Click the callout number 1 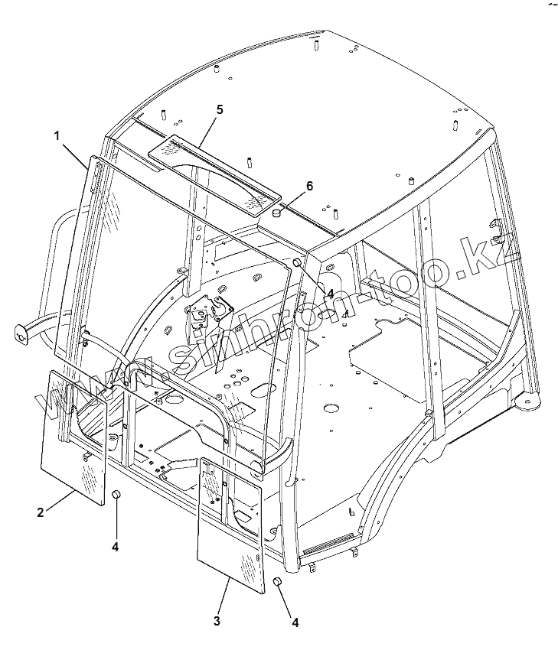[57, 135]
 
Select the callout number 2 [41, 512]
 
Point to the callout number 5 [219, 109]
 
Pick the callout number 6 [309, 186]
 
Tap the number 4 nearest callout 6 [329, 293]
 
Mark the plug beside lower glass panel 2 [116, 495]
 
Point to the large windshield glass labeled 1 [176, 275]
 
